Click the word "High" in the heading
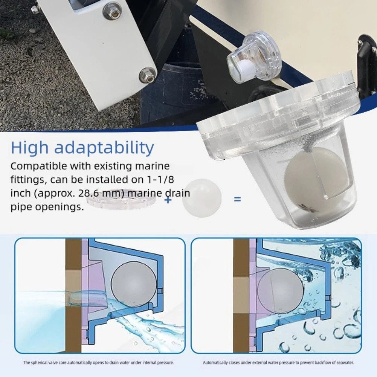point(29,148)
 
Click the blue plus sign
point(168,199)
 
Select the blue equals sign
point(237,199)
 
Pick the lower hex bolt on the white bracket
point(147,74)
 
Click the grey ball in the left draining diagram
point(134,284)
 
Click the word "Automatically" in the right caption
point(213,363)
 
